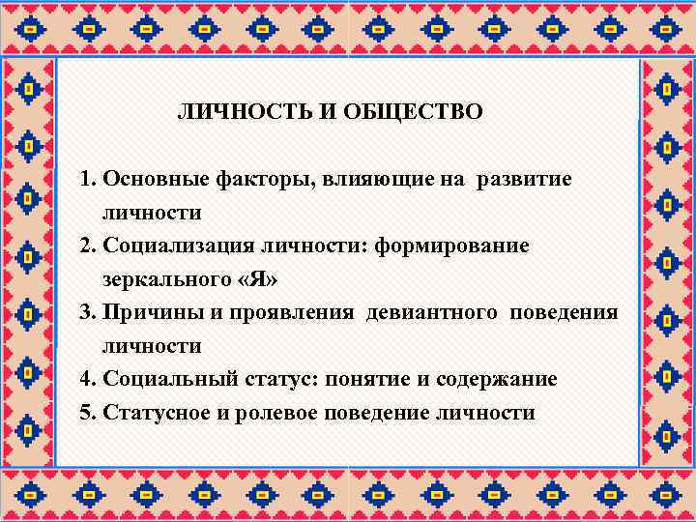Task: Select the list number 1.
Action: [87, 180]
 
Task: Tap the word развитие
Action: [523, 180]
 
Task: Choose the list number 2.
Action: [87, 246]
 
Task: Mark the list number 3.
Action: [87, 313]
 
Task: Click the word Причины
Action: [144, 313]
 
